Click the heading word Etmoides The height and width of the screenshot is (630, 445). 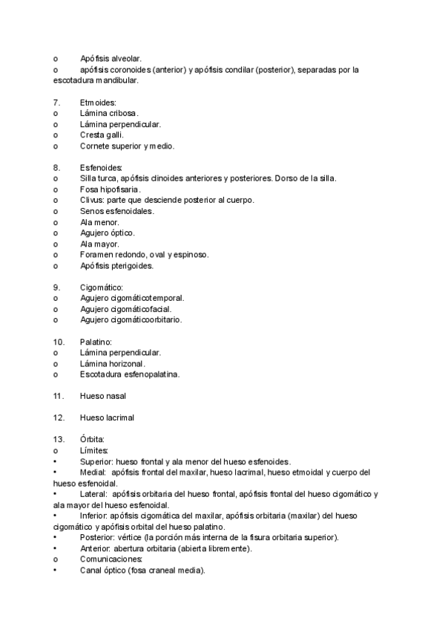[98, 102]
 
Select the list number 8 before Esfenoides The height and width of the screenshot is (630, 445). [56, 168]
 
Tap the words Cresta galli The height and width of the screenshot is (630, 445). [102, 135]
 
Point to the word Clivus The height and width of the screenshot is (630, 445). [92, 200]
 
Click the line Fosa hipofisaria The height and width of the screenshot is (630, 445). [110, 189]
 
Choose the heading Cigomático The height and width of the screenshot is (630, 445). [101, 287]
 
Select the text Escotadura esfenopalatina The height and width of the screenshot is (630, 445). [130, 374]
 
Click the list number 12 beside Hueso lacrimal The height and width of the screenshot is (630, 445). [59, 418]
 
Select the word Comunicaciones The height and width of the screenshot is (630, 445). [112, 559]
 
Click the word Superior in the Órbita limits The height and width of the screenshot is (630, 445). [96, 461]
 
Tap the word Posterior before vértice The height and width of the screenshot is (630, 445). [97, 537]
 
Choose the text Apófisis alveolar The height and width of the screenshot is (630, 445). [111, 58]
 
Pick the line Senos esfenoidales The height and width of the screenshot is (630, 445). [116, 211]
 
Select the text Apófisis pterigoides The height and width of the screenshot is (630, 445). [116, 265]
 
